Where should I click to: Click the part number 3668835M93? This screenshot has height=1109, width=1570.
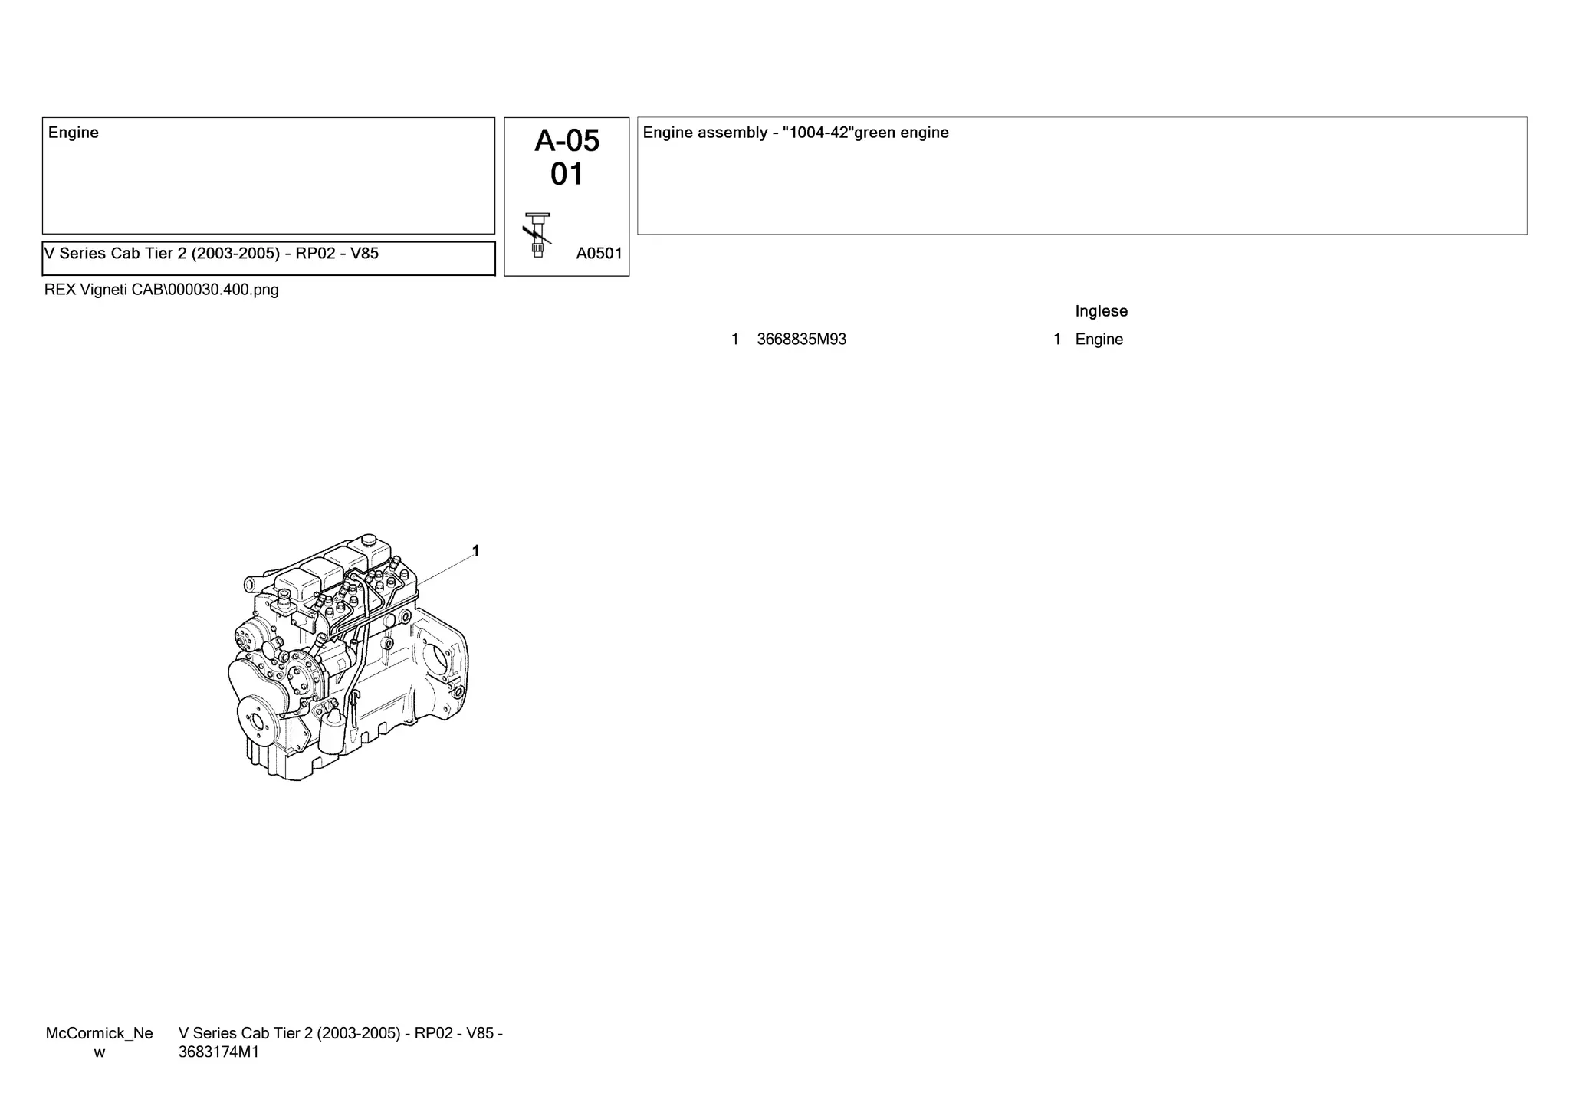[801, 340]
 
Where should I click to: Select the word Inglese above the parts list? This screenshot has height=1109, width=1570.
[1101, 311]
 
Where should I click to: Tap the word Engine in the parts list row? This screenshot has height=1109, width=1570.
[1099, 340]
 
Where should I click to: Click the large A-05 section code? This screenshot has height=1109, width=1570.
[567, 141]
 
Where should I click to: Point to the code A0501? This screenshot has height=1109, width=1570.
[599, 254]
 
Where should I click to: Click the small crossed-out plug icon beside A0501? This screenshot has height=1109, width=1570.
[537, 234]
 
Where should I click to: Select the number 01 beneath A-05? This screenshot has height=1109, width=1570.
[567, 175]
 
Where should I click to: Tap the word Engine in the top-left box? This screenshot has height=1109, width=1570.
[74, 133]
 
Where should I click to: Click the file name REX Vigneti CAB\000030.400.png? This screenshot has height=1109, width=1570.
[162, 290]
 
